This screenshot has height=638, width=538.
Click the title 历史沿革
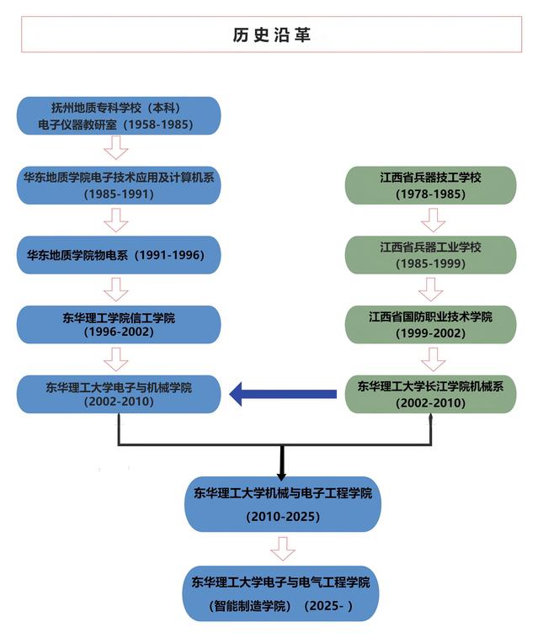(x=271, y=35)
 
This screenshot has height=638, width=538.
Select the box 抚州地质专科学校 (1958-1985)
(x=119, y=116)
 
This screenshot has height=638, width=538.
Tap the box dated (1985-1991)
(x=119, y=185)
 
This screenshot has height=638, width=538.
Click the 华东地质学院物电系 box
(x=119, y=255)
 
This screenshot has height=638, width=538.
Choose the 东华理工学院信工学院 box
(x=119, y=325)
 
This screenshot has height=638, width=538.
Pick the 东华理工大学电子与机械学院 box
(x=119, y=394)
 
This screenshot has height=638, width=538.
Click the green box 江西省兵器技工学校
(x=430, y=185)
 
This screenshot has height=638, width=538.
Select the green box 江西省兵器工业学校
(x=430, y=255)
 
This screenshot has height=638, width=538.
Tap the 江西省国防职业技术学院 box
(x=430, y=325)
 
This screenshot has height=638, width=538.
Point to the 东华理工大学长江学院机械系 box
(x=430, y=394)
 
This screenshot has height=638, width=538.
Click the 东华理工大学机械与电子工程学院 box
(x=283, y=504)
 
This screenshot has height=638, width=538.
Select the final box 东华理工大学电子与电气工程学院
(x=281, y=593)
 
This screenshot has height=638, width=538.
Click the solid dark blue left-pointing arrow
(x=283, y=394)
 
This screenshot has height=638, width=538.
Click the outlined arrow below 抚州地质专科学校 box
(x=116, y=147)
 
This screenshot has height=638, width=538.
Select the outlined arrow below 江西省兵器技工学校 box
(x=433, y=221)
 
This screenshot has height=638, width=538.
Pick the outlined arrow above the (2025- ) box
(x=283, y=549)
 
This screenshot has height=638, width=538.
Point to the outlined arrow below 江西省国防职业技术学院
(x=433, y=359)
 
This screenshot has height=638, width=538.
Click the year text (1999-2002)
(x=430, y=333)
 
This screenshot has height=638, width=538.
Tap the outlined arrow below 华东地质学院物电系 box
(x=116, y=290)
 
